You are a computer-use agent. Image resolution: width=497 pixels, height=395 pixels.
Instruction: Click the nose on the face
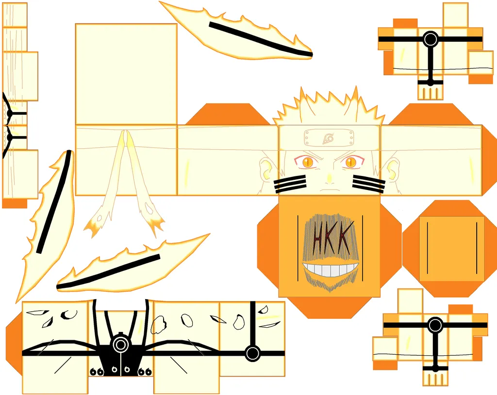pos(330,177)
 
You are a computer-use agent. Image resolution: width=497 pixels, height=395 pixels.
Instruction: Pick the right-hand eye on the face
pos(350,161)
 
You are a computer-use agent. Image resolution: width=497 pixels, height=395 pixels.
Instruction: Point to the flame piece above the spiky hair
pos(238,32)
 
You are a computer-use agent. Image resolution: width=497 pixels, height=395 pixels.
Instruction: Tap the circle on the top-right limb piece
pos(430,39)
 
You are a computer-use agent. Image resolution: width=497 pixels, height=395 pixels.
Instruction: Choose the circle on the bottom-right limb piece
pos(435,325)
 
